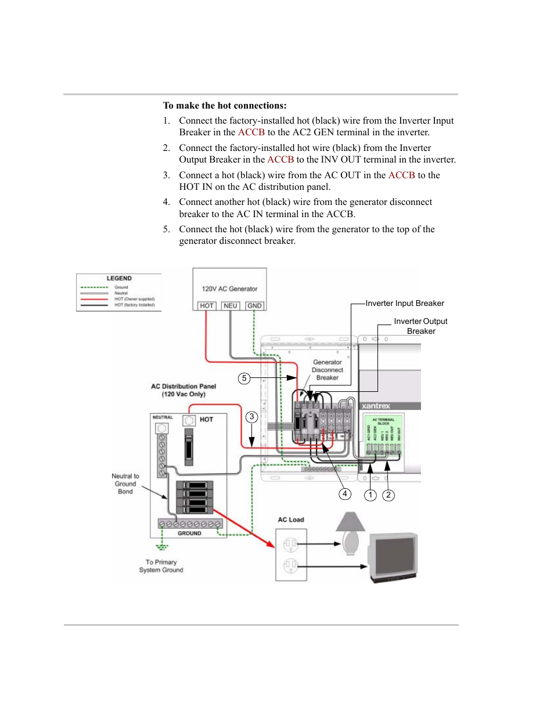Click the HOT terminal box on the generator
[x=207, y=306]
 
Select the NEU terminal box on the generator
[x=231, y=306]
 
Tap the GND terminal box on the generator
[x=254, y=306]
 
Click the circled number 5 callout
[x=244, y=379]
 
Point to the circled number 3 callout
[x=251, y=417]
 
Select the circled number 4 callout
[x=345, y=494]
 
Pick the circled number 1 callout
[x=370, y=495]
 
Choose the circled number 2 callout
[x=388, y=495]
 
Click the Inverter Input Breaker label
[x=405, y=304]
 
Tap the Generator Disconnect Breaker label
[x=328, y=370]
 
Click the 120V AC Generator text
[x=229, y=289]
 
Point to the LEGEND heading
[x=119, y=279]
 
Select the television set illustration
[x=393, y=556]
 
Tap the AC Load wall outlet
[x=291, y=554]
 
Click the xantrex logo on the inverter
[x=376, y=406]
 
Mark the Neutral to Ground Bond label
[x=125, y=484]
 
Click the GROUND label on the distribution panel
[x=189, y=533]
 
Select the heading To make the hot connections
[x=225, y=106]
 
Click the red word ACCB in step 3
[x=401, y=175]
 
